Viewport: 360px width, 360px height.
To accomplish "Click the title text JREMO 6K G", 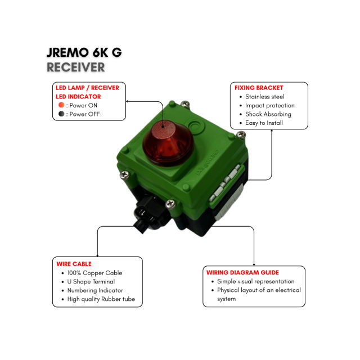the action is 84,53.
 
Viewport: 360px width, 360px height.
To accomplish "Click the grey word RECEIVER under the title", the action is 76,67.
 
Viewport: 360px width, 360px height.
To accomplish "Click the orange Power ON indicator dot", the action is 61,105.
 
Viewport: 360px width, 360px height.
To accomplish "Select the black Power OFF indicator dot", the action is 61,114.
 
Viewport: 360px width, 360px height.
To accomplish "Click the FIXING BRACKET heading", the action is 259,88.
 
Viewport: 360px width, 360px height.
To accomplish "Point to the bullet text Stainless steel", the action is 264,97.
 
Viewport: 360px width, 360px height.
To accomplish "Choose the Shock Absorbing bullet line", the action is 268,114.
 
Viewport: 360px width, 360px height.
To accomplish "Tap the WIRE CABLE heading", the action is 74,263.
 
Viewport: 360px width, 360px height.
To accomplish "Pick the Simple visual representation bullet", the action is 255,281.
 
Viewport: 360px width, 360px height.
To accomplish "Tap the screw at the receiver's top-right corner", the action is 241,134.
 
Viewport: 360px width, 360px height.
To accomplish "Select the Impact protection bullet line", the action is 269,105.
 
